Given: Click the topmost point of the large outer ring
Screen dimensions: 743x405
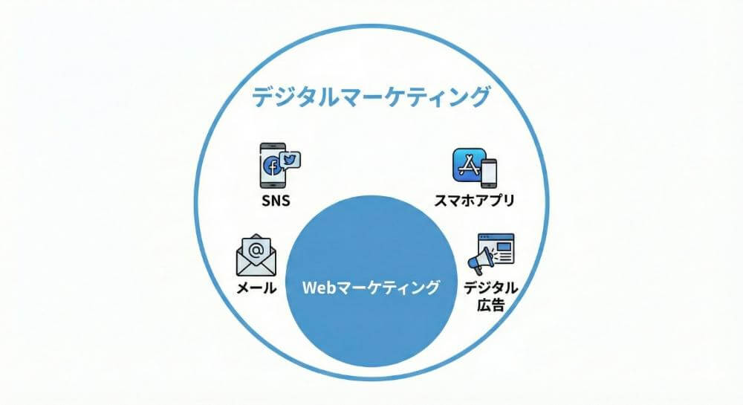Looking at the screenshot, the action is [x=371, y=25].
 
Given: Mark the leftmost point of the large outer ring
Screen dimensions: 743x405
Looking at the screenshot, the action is [x=194, y=202].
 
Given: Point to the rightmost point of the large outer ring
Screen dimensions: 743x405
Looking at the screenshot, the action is [x=549, y=202].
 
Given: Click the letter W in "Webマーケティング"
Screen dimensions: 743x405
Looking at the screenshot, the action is [x=309, y=288].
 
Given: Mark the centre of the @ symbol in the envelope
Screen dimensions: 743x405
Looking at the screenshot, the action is [x=256, y=249].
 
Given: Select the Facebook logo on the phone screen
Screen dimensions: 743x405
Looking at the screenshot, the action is [x=272, y=166].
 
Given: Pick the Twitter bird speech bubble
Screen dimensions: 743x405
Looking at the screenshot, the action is [x=290, y=161].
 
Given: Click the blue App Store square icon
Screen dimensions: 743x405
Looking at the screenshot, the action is [x=469, y=165].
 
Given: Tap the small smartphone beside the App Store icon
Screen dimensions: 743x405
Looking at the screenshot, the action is [x=489, y=173].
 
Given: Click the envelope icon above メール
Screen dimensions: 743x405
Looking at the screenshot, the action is [x=256, y=255].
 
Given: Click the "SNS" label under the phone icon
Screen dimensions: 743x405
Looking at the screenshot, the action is [x=276, y=201].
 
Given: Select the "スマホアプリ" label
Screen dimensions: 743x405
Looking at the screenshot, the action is [x=474, y=201].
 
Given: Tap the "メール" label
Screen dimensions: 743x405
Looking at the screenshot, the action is [x=256, y=288].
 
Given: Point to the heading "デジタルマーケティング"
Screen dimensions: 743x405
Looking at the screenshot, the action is [x=371, y=97].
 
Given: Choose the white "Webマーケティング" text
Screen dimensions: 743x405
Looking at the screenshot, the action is [x=371, y=288].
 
